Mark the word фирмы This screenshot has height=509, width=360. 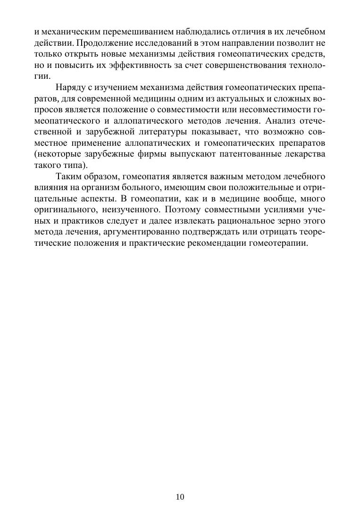pyautogui.click(x=174, y=153)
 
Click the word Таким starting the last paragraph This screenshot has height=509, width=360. pyautogui.click(x=68, y=177)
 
